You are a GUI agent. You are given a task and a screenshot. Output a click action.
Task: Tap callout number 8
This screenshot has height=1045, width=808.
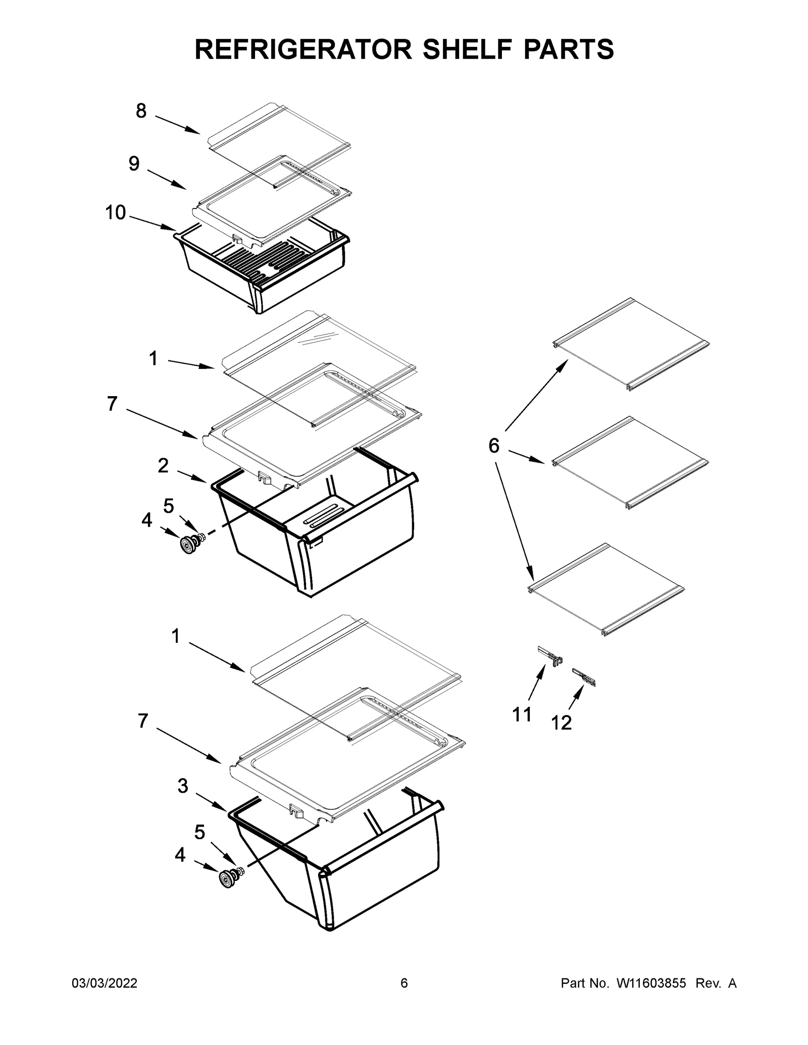tap(141, 111)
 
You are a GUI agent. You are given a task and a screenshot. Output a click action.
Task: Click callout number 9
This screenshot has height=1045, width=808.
tap(134, 163)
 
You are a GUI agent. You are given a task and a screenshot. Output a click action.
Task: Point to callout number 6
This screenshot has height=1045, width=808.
tap(493, 446)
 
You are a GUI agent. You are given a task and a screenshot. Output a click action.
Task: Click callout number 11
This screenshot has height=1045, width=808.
tap(522, 714)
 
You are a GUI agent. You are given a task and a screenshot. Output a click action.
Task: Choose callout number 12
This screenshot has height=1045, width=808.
tap(561, 723)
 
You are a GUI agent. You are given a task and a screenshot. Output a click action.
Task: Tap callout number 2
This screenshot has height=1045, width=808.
tap(163, 465)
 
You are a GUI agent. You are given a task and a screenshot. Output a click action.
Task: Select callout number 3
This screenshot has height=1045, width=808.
tap(183, 786)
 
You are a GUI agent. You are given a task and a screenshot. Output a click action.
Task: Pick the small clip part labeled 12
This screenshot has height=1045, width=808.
tap(584, 677)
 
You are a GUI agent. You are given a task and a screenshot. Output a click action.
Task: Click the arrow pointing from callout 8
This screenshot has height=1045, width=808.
tap(177, 125)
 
